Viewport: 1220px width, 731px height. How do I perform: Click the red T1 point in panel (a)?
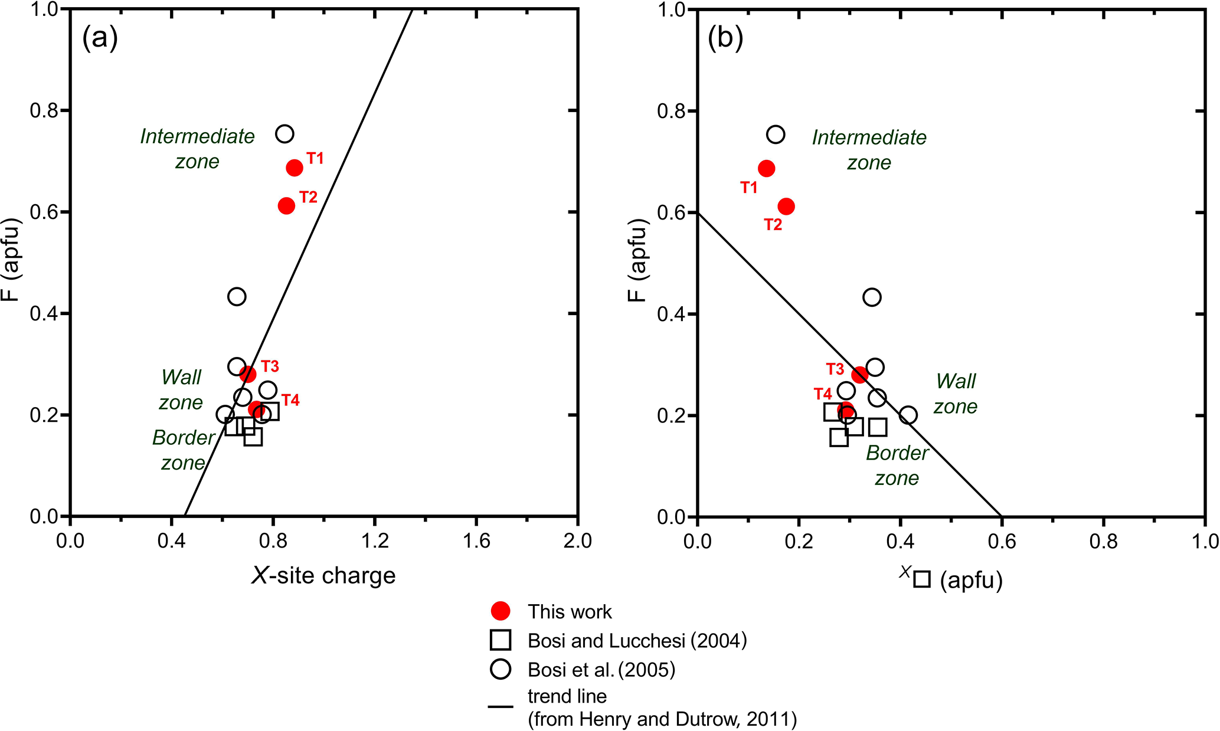(x=294, y=168)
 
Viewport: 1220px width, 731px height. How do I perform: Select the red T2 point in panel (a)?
(x=286, y=206)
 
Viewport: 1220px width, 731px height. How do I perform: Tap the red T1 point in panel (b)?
(x=766, y=169)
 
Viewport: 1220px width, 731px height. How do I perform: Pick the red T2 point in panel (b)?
(x=786, y=206)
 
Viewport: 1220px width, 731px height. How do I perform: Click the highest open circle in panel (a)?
(x=284, y=134)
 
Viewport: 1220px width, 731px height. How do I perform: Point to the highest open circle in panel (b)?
(x=776, y=135)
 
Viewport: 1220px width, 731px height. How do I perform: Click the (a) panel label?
(x=100, y=38)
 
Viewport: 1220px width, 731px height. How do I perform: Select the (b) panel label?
(x=725, y=38)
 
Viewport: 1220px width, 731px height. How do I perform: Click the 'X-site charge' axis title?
(x=323, y=575)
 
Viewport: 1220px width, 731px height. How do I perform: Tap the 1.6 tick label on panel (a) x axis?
(x=476, y=541)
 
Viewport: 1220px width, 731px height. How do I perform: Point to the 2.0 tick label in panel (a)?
(x=577, y=541)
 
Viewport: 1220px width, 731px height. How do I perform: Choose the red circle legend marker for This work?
(x=501, y=611)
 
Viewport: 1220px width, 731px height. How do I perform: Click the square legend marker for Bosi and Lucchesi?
(x=501, y=640)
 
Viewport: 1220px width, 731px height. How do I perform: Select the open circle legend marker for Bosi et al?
(x=501, y=669)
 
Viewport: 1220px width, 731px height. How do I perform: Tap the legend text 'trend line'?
(x=567, y=697)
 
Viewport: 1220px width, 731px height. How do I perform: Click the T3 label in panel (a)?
(x=270, y=366)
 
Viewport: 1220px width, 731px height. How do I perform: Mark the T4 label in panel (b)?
(x=823, y=394)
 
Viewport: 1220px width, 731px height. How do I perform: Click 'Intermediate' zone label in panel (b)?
(x=869, y=137)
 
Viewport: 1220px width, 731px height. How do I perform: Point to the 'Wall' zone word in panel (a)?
(x=181, y=378)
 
